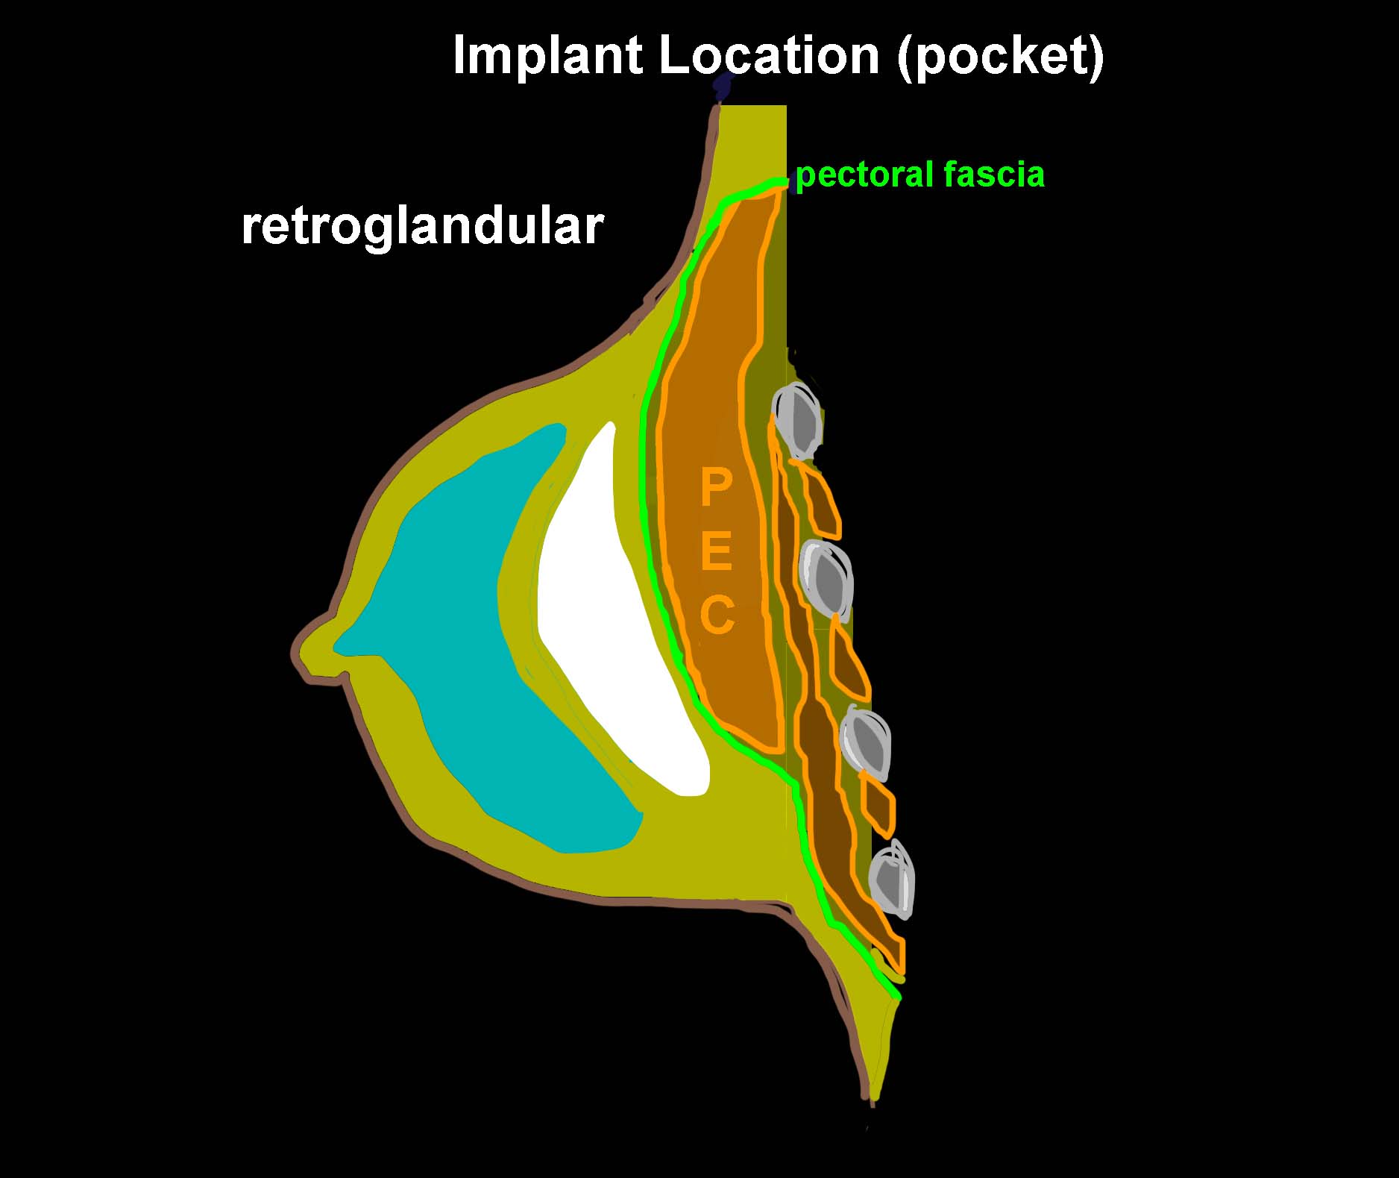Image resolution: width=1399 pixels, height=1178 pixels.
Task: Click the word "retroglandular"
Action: point(422,227)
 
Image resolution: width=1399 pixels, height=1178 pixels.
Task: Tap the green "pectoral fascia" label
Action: point(920,175)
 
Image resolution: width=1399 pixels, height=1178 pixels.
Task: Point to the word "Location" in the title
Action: point(770,55)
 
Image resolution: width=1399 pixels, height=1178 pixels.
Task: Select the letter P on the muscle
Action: point(715,489)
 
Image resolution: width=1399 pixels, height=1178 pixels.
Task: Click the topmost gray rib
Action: point(797,420)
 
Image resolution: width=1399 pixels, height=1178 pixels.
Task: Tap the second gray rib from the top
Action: point(826,579)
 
